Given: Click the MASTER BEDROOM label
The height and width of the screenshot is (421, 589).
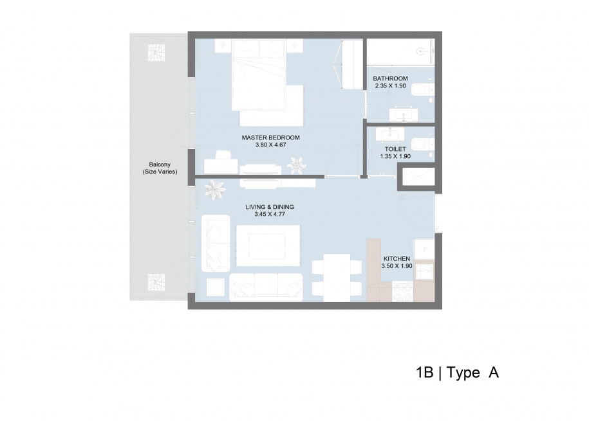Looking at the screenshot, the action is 270,138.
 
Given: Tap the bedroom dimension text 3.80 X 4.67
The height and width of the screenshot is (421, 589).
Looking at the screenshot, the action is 270,145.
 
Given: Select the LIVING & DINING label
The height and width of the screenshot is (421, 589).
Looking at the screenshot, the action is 270,207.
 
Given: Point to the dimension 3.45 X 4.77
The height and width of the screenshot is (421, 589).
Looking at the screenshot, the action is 270,214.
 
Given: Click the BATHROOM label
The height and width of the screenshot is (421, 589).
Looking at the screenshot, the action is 390,78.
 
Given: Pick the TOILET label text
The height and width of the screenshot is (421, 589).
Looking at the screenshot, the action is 395,149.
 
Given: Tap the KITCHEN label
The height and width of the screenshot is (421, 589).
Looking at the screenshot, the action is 397,258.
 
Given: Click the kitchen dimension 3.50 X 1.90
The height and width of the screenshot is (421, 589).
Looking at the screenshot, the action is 397,266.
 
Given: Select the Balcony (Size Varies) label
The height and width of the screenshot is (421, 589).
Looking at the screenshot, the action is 160,168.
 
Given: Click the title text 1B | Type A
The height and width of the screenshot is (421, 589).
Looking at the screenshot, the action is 457,373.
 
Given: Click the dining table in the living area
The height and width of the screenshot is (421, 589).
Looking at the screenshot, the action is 337,278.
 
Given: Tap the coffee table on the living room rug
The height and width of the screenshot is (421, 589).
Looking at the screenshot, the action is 267,246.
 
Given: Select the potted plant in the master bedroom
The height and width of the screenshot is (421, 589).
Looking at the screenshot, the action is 296,165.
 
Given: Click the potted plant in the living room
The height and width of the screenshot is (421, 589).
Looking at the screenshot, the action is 215,190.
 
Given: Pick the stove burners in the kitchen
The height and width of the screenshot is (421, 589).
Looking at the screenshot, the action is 402,292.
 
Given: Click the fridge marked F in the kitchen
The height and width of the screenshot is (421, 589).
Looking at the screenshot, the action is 424,249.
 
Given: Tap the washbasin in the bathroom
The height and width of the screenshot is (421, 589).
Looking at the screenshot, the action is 404,115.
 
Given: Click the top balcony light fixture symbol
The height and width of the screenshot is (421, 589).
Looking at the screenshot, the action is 156,53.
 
